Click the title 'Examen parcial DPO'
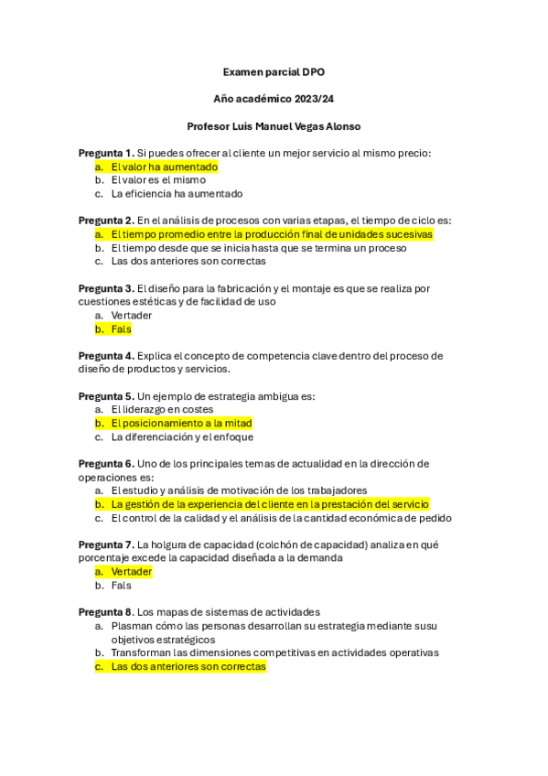point(274,71)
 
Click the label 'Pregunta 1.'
point(106,153)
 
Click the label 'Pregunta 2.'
point(106,221)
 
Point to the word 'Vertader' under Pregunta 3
point(132,315)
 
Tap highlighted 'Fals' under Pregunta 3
point(121,329)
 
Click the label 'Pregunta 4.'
point(106,356)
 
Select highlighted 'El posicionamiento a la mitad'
point(180,424)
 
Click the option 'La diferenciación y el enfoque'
point(182,436)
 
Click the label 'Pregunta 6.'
point(106,464)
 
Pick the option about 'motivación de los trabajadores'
point(239,490)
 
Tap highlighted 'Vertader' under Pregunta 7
point(131,572)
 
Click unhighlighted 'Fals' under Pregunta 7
point(121,586)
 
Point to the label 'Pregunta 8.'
point(106,612)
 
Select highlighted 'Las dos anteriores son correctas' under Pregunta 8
point(188,667)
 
